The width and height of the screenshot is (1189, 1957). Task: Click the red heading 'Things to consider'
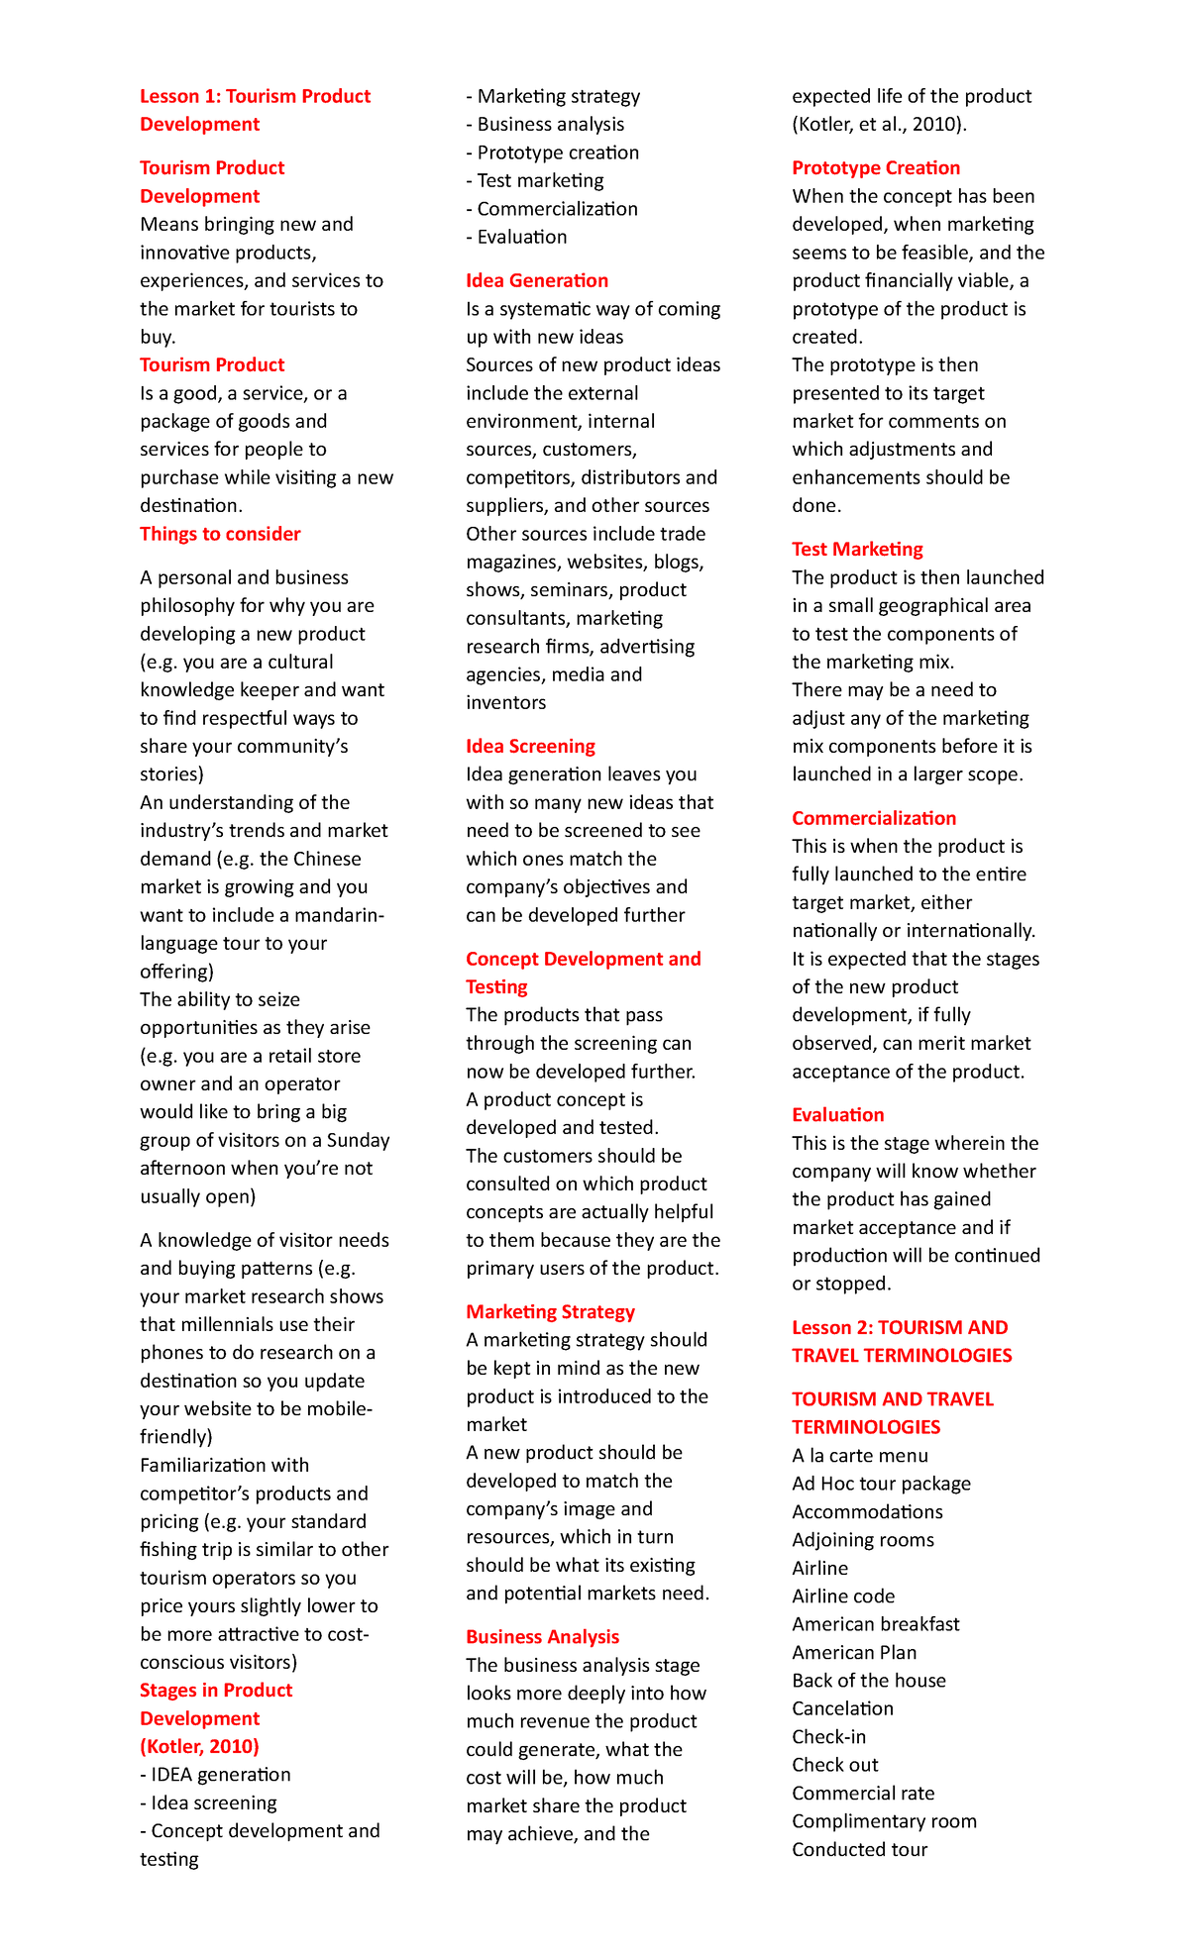point(220,534)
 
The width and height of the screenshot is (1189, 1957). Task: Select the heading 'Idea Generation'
point(537,280)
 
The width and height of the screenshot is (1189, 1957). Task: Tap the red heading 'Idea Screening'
point(530,746)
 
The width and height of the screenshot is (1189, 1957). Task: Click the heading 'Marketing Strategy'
point(550,1311)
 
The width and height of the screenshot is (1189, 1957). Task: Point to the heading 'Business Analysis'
point(542,1637)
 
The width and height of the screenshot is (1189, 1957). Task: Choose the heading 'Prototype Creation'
point(876,167)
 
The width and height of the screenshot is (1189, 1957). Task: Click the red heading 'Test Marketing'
point(857,549)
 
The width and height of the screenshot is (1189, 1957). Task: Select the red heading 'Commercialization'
point(874,818)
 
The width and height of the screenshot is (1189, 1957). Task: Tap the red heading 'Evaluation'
point(837,1114)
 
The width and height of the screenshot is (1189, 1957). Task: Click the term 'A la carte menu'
point(860,1455)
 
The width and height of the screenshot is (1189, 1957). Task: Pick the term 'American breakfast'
point(876,1624)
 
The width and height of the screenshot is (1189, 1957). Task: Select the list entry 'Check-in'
point(828,1736)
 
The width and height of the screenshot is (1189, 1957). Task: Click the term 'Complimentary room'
point(884,1821)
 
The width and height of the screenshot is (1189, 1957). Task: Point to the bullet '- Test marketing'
point(535,180)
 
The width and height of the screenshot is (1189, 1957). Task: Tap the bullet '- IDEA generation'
point(215,1774)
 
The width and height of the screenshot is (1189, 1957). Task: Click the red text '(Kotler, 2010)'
point(199,1746)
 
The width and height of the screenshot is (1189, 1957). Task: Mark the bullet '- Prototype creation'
point(553,153)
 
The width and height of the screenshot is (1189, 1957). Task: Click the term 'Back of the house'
point(869,1681)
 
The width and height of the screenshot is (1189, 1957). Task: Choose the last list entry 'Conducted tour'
point(859,1849)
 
